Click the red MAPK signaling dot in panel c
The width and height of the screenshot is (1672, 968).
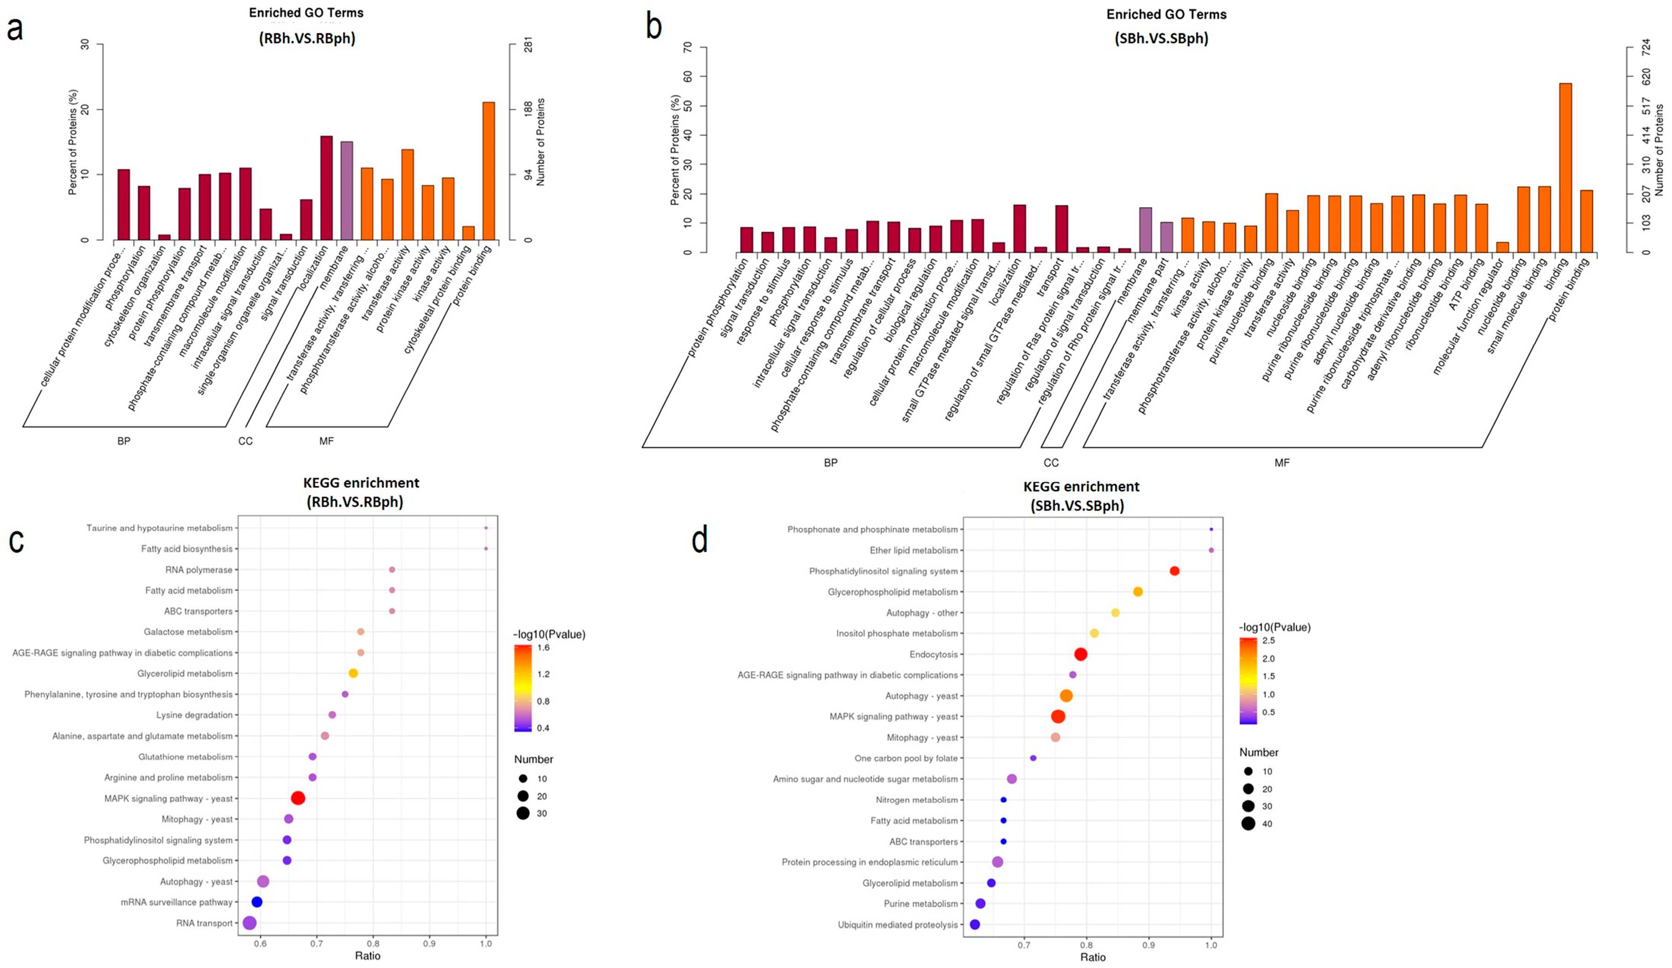(x=298, y=798)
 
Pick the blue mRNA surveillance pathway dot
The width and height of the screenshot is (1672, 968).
(x=257, y=902)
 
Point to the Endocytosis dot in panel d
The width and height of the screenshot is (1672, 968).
(x=1080, y=654)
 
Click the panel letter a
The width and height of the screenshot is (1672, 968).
(x=15, y=30)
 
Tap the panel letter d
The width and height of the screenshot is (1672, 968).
(x=699, y=539)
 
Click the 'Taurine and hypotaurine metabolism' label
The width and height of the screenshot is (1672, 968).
(x=159, y=528)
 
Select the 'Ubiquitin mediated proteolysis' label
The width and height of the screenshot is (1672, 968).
(x=898, y=925)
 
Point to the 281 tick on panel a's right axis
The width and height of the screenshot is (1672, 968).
(x=528, y=45)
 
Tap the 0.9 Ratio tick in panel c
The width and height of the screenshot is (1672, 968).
(x=429, y=944)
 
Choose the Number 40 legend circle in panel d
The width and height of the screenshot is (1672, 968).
(x=1248, y=824)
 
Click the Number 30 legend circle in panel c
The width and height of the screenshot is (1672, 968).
(x=523, y=813)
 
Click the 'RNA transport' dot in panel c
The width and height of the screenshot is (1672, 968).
(x=250, y=923)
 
